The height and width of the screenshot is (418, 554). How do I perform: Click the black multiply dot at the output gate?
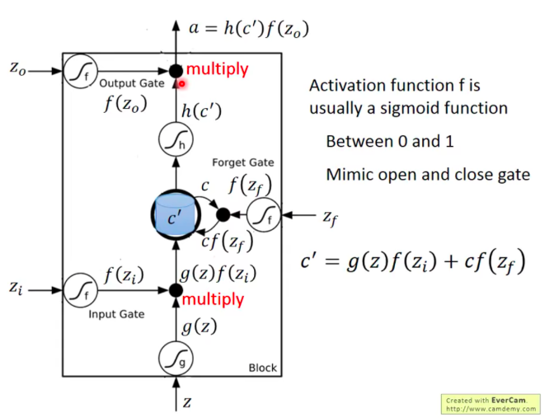click(x=176, y=72)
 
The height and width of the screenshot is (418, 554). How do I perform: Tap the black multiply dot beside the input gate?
click(x=175, y=290)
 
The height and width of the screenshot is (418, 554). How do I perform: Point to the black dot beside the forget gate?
click(x=222, y=215)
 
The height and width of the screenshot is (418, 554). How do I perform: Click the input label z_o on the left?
click(x=18, y=71)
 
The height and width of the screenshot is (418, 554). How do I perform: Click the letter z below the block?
click(x=186, y=402)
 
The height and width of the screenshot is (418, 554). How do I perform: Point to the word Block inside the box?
click(x=263, y=368)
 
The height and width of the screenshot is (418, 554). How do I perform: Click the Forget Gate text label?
click(x=243, y=162)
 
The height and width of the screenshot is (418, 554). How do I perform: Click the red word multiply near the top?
click(x=217, y=69)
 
